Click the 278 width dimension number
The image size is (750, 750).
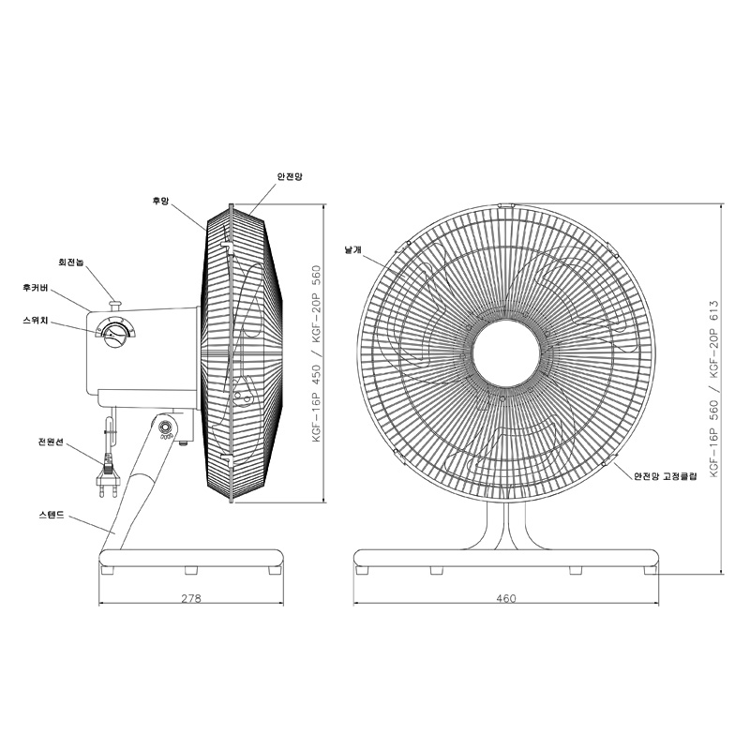tap(191, 598)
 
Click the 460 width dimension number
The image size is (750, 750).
tap(506, 598)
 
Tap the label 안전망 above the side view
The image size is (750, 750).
tap(290, 176)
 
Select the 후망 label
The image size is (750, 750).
tap(160, 202)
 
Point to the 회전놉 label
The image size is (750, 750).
tap(71, 262)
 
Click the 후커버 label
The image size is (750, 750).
tap(36, 288)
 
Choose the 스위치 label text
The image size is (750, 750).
tap(36, 321)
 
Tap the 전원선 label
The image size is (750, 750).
tap(51, 442)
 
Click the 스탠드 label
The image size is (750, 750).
tap(52, 515)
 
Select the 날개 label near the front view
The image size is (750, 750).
tap(353, 249)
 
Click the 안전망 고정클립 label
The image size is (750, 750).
tap(666, 476)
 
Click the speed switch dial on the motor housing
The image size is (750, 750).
tap(115, 333)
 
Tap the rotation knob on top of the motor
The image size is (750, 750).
tap(115, 304)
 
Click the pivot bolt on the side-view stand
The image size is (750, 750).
tap(166, 427)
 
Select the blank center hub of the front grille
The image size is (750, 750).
tap(506, 353)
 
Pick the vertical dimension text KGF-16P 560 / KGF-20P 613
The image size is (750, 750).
tap(714, 388)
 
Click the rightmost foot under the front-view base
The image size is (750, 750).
tap(650, 570)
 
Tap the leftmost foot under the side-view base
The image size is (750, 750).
tap(108, 570)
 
